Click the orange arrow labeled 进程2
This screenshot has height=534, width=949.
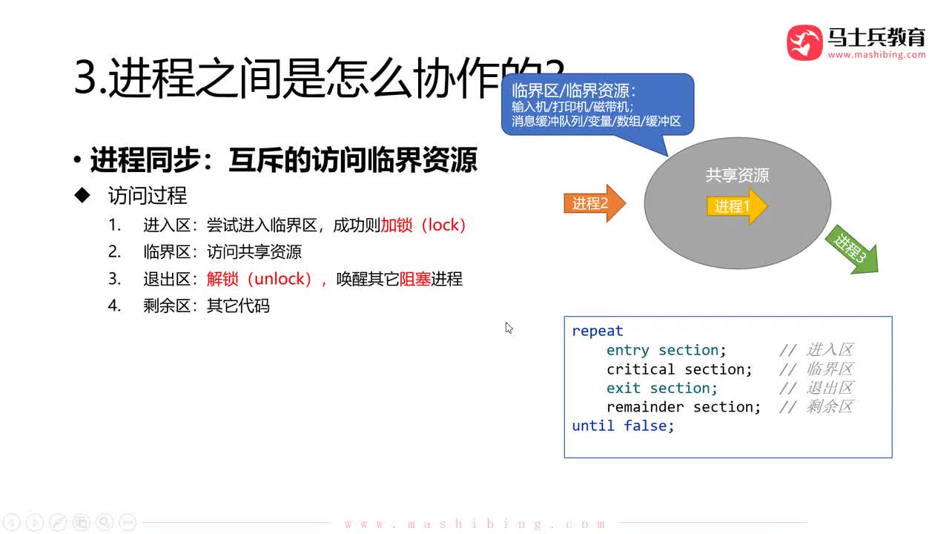pyautogui.click(x=594, y=203)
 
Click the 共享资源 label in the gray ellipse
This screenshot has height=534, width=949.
pyautogui.click(x=738, y=175)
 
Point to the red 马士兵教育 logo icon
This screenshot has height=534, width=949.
pyautogui.click(x=804, y=42)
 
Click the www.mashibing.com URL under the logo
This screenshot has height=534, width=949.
pyautogui.click(x=876, y=55)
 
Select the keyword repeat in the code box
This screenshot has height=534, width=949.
pyautogui.click(x=598, y=331)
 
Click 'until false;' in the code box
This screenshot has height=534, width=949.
pyautogui.click(x=623, y=426)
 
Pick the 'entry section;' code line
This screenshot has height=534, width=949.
pyautogui.click(x=667, y=350)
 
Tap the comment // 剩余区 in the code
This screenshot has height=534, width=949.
pyautogui.click(x=816, y=406)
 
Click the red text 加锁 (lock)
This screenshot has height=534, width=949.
pyautogui.click(x=423, y=225)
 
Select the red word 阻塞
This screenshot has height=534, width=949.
pyautogui.click(x=415, y=279)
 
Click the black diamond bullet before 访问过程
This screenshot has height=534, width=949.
pyautogui.click(x=82, y=195)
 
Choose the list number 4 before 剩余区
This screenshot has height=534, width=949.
pyautogui.click(x=114, y=305)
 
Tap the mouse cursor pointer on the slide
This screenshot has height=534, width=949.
pyautogui.click(x=509, y=327)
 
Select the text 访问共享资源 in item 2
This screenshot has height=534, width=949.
pyautogui.click(x=254, y=251)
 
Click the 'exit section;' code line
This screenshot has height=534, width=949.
pyautogui.click(x=662, y=388)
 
